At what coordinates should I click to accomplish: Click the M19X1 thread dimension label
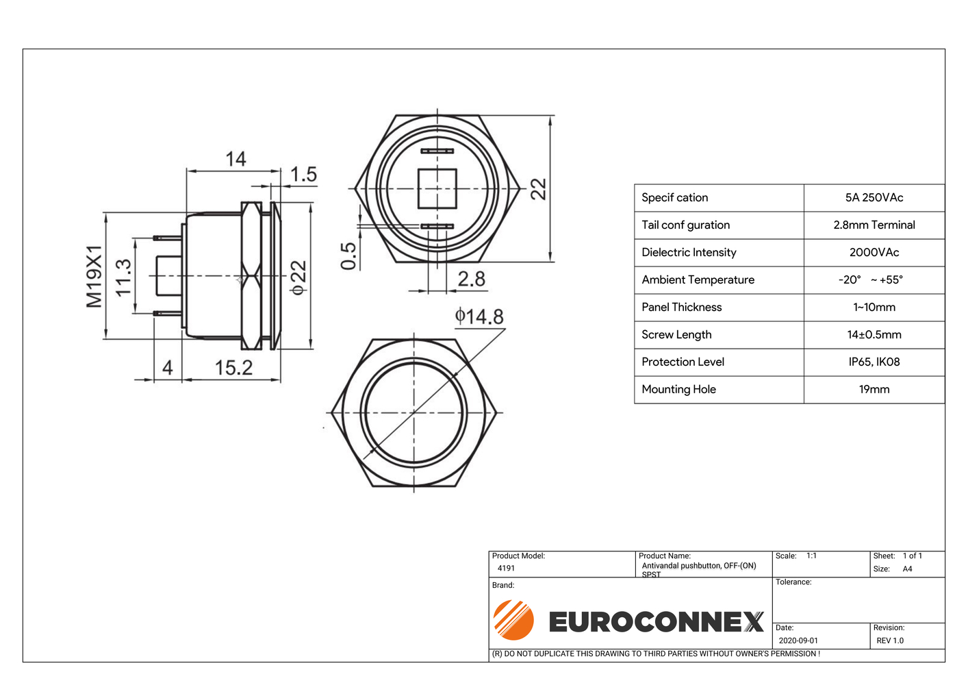(x=94, y=276)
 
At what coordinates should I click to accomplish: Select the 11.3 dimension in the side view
(x=124, y=277)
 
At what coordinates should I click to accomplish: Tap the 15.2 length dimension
(x=233, y=368)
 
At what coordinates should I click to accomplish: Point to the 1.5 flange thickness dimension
(x=303, y=174)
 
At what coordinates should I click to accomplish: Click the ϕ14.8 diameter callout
(x=479, y=316)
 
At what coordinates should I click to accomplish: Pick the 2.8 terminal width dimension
(x=472, y=279)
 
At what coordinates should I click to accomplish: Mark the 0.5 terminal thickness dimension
(x=348, y=256)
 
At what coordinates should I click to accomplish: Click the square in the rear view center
(x=437, y=188)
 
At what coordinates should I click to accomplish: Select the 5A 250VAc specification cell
(x=874, y=198)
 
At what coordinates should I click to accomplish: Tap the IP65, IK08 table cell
(x=874, y=362)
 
